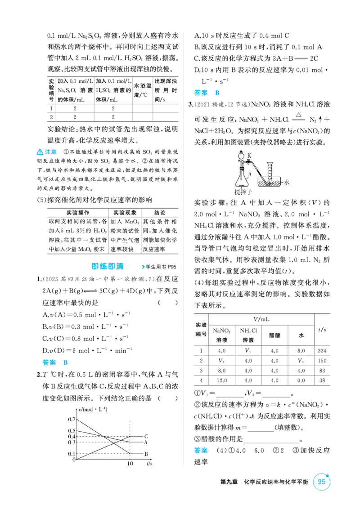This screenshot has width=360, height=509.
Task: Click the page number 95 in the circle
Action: pos(321,482)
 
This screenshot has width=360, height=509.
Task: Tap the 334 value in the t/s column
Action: pos(322,351)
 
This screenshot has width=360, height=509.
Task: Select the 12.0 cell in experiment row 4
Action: pos(221,380)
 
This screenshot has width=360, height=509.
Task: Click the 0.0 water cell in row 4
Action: pos(301,380)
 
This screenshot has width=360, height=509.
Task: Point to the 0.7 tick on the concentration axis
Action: pos(72,420)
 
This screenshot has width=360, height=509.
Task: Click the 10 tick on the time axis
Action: pos(130,464)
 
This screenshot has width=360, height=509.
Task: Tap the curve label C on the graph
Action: pos(146,436)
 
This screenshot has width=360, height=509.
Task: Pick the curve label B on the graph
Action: pos(146,454)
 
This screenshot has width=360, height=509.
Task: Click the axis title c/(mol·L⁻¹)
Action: pos(93,409)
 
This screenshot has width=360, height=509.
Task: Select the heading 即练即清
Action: pos(108,267)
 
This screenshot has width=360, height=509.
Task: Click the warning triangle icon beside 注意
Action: pos(40,152)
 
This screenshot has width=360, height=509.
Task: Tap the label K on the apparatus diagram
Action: pos(249,156)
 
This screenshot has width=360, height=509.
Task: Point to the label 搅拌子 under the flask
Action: pos(243,192)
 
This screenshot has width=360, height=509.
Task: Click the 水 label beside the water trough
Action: pos(287,183)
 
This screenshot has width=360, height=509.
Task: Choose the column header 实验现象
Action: pos(125,213)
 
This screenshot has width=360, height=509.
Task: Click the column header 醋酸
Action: pos(274,335)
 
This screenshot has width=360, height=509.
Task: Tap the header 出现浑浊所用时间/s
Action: pos(166,90)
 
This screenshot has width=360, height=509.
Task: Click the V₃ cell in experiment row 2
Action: pos(301,361)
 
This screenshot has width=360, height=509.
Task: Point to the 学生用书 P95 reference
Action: pos(159,267)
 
